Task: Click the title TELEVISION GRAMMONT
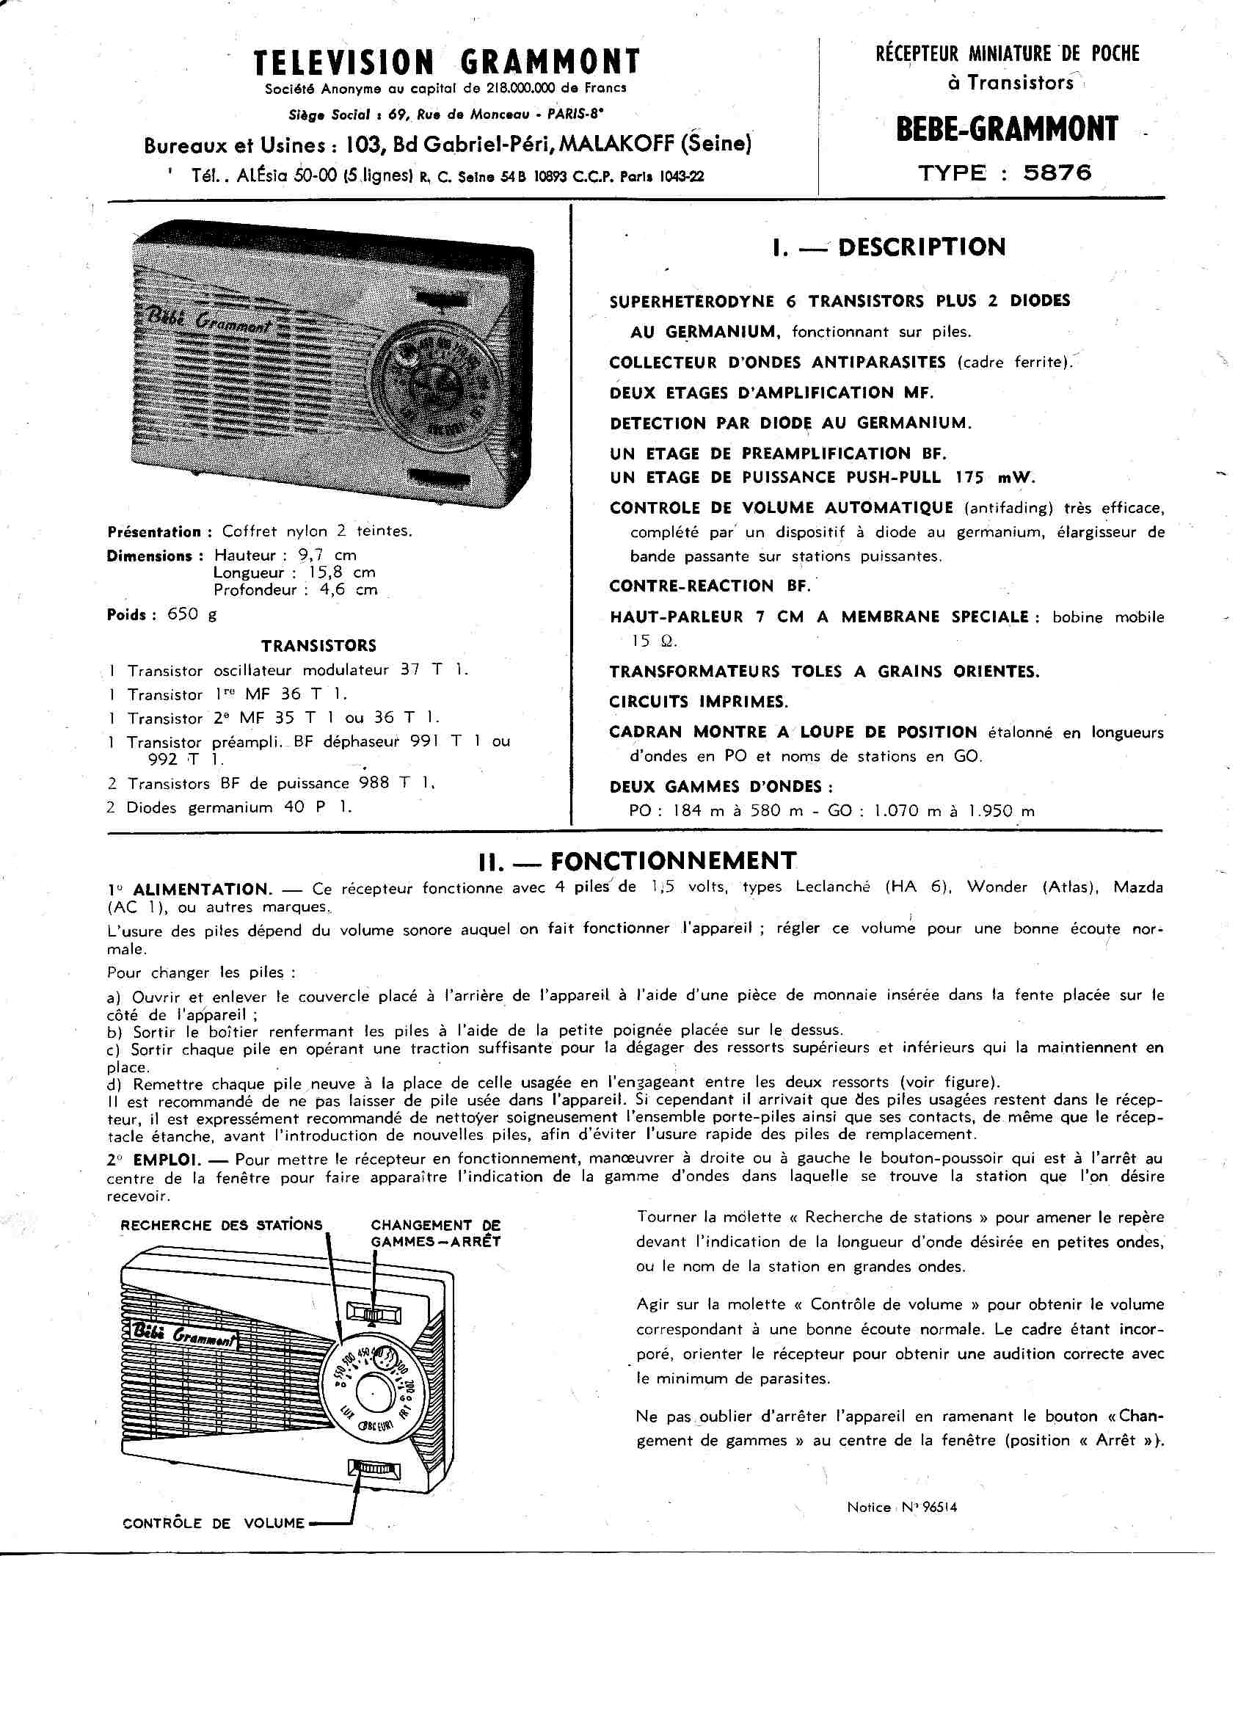(x=447, y=62)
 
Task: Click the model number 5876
(x=1057, y=173)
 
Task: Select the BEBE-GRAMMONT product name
(x=1006, y=129)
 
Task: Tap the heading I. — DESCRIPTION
(x=889, y=247)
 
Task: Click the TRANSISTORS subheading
(x=318, y=646)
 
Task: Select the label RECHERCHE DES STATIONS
(x=221, y=1226)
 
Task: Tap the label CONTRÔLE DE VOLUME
(x=214, y=1523)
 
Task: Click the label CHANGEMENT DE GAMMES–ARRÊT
(x=435, y=1233)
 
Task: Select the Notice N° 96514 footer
(x=902, y=1507)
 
